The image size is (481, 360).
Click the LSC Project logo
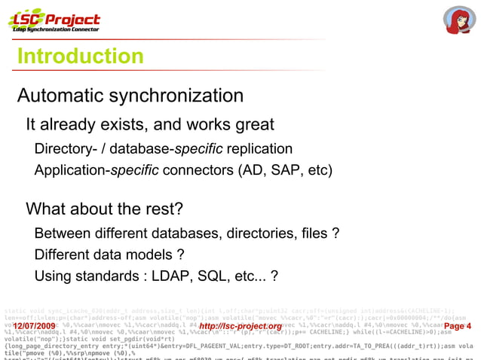click(54, 20)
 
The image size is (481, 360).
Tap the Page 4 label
click(458, 326)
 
